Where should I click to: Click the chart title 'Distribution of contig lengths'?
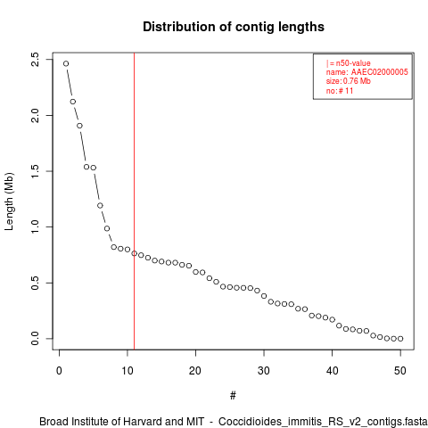click(x=234, y=27)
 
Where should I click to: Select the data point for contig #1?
click(x=66, y=63)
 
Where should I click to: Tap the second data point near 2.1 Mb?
click(x=73, y=102)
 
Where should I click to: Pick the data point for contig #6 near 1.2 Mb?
click(x=100, y=205)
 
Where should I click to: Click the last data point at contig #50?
click(x=400, y=339)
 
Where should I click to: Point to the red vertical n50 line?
click(x=135, y=202)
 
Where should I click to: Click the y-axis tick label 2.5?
click(x=35, y=60)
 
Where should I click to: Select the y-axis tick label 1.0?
click(x=35, y=226)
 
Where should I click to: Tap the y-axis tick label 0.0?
click(x=35, y=339)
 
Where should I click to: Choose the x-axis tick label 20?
click(x=195, y=371)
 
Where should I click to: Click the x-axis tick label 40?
click(x=332, y=371)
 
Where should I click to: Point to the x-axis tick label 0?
click(x=59, y=371)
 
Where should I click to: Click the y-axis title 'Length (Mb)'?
click(x=9, y=202)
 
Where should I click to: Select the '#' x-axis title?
click(x=233, y=395)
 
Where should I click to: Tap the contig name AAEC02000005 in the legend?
click(x=380, y=72)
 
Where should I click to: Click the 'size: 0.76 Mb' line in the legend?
click(x=349, y=81)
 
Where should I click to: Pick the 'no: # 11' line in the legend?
click(x=340, y=91)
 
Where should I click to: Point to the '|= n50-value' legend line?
click(x=349, y=63)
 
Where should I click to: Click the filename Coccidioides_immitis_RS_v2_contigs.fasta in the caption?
click(x=323, y=422)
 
